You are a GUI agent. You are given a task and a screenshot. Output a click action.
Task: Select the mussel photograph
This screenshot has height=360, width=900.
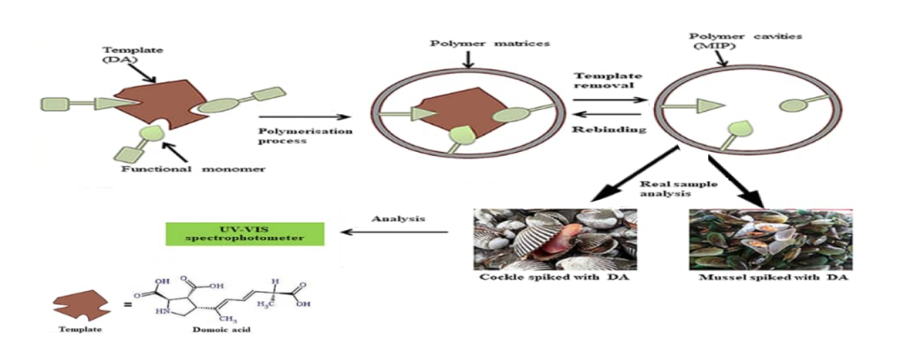[770, 239]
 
